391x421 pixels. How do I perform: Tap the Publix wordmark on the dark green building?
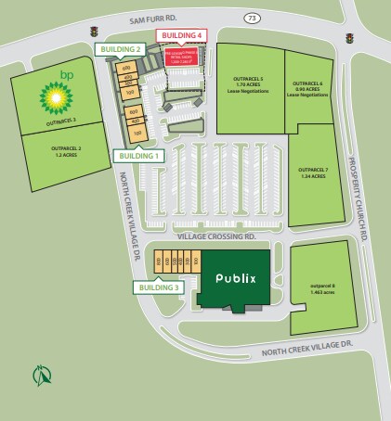coord(235,277)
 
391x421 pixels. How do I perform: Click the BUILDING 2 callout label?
coord(123,49)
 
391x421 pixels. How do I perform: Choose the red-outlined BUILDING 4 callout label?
coord(179,35)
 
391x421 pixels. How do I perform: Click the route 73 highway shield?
coord(251,18)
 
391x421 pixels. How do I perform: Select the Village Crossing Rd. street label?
coord(215,237)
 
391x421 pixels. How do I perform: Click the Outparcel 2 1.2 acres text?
coord(67,151)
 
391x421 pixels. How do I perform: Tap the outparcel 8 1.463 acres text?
coord(323,288)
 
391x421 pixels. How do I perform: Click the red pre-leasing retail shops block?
coord(183,57)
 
